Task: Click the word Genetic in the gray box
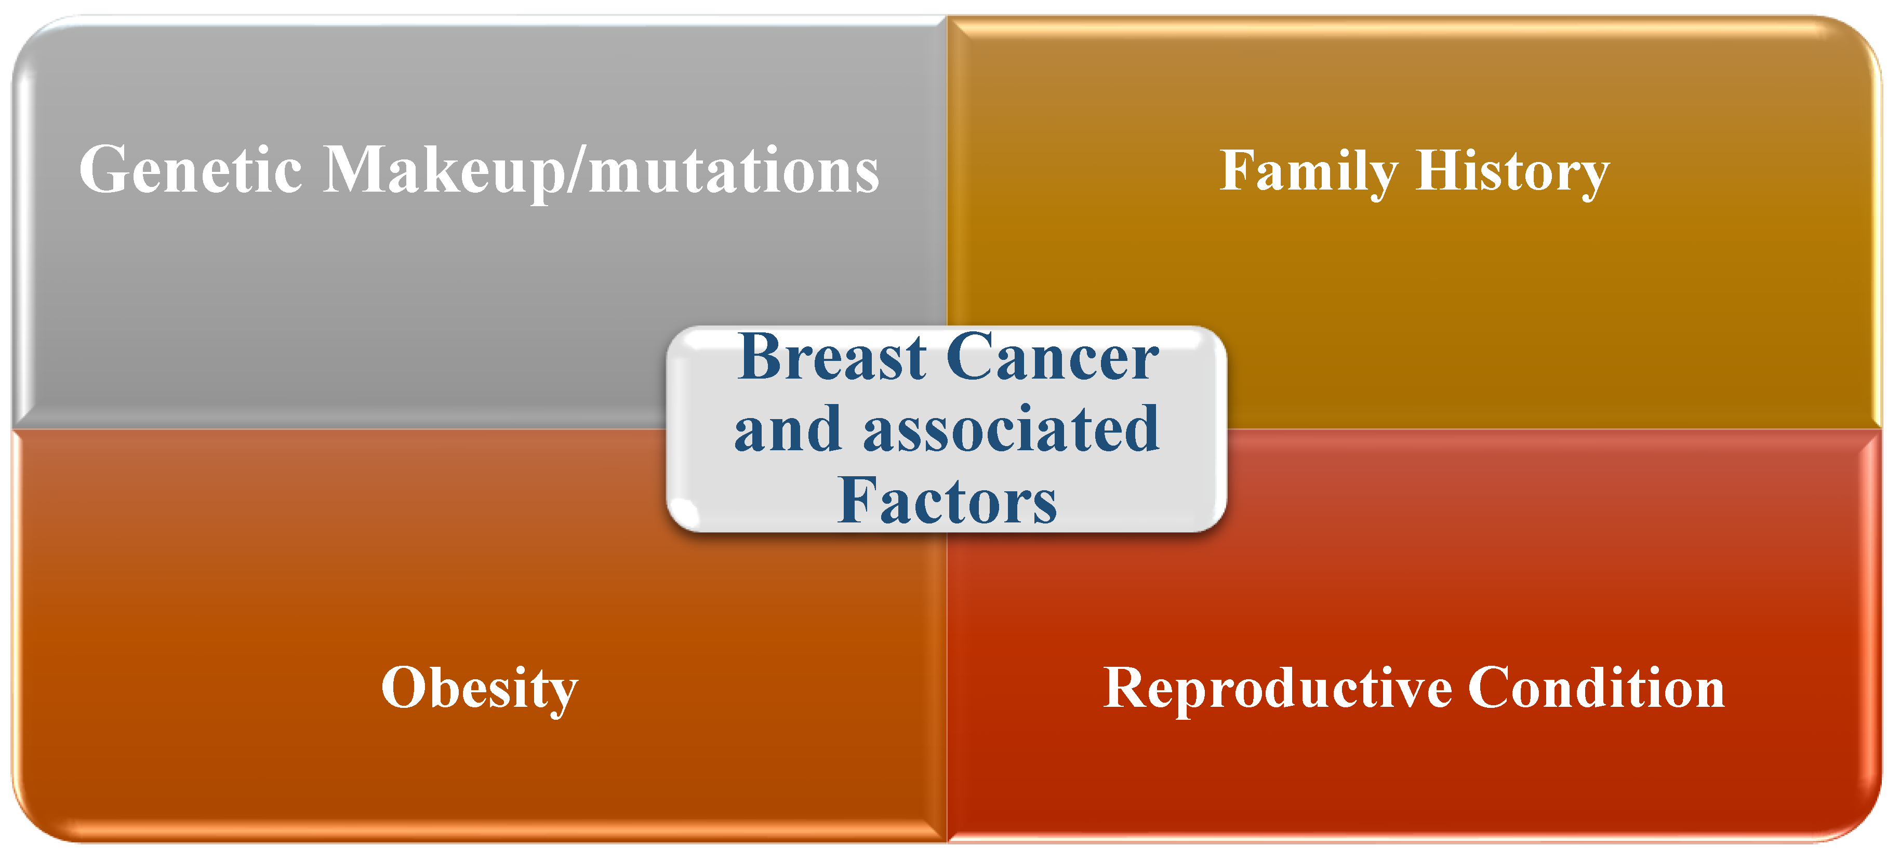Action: (x=190, y=170)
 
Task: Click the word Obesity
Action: (x=480, y=690)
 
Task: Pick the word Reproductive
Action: (x=1278, y=690)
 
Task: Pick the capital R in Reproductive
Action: (x=1128, y=688)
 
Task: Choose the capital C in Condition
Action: (x=1492, y=688)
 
